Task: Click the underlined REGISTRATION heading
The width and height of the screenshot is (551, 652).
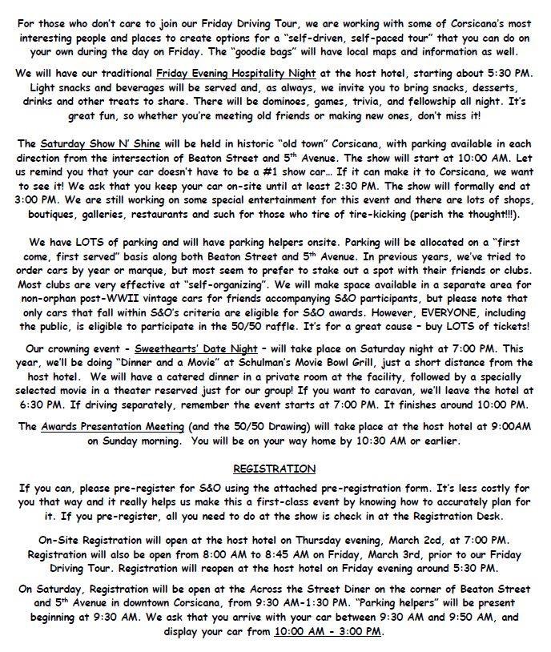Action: tap(274, 469)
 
